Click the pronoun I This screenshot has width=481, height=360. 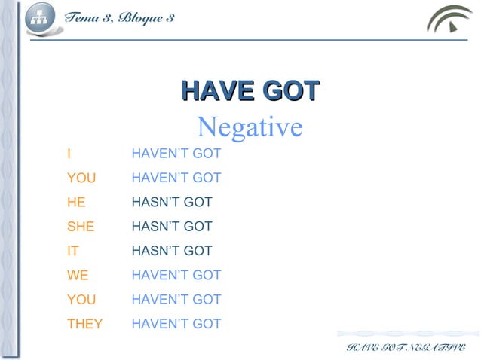click(x=69, y=154)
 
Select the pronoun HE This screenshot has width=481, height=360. click(x=75, y=203)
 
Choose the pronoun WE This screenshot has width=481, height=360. click(x=77, y=275)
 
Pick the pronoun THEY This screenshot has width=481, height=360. click(x=84, y=324)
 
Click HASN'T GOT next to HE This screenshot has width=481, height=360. click(x=171, y=203)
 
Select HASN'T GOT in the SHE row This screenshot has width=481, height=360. click(x=171, y=227)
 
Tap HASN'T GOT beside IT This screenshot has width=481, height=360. click(x=171, y=251)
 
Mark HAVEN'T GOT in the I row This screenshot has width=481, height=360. click(x=176, y=154)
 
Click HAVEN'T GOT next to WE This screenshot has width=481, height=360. click(x=176, y=275)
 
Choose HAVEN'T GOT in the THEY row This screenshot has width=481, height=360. click(x=176, y=324)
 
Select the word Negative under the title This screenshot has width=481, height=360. click(x=249, y=127)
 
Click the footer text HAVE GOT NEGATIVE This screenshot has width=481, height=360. click(x=406, y=346)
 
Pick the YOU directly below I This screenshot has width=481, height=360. click(x=81, y=178)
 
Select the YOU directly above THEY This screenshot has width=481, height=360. click(x=81, y=300)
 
